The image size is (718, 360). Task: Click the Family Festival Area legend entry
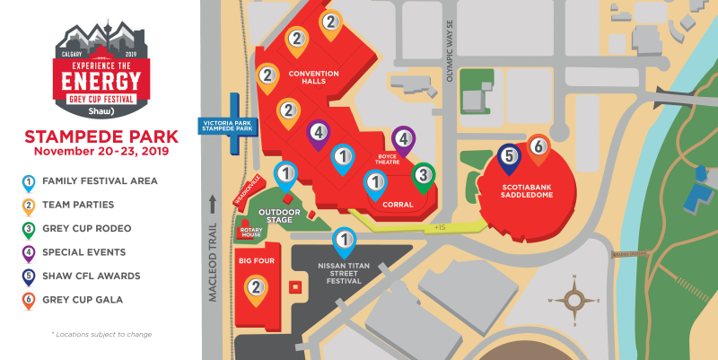pyautogui.click(x=99, y=181)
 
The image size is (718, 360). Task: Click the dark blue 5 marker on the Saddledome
pyautogui.click(x=509, y=157)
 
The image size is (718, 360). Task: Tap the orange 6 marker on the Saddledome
pyautogui.click(x=538, y=146)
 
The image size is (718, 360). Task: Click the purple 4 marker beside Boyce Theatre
pyautogui.click(x=404, y=139)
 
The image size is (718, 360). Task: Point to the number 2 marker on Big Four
pyautogui.click(x=256, y=287)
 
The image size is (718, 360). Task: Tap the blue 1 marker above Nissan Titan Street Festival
pyautogui.click(x=343, y=241)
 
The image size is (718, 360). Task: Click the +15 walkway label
pyautogui.click(x=439, y=227)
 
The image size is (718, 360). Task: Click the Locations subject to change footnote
pyautogui.click(x=101, y=334)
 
